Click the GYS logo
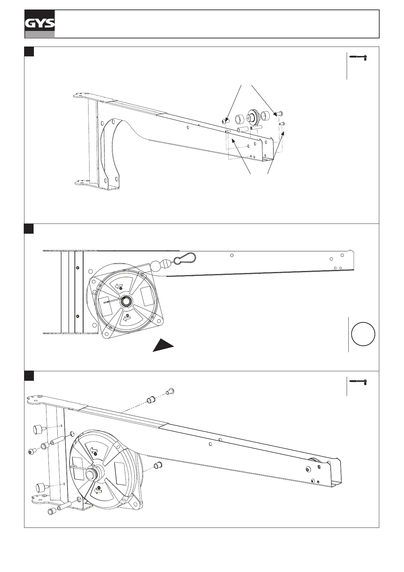click(x=39, y=24)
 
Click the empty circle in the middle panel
click(x=363, y=334)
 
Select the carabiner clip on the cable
click(x=185, y=258)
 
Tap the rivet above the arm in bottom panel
click(x=170, y=391)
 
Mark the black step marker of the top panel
click(x=29, y=52)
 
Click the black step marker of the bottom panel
click(x=29, y=376)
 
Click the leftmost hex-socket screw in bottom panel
click(x=32, y=451)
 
